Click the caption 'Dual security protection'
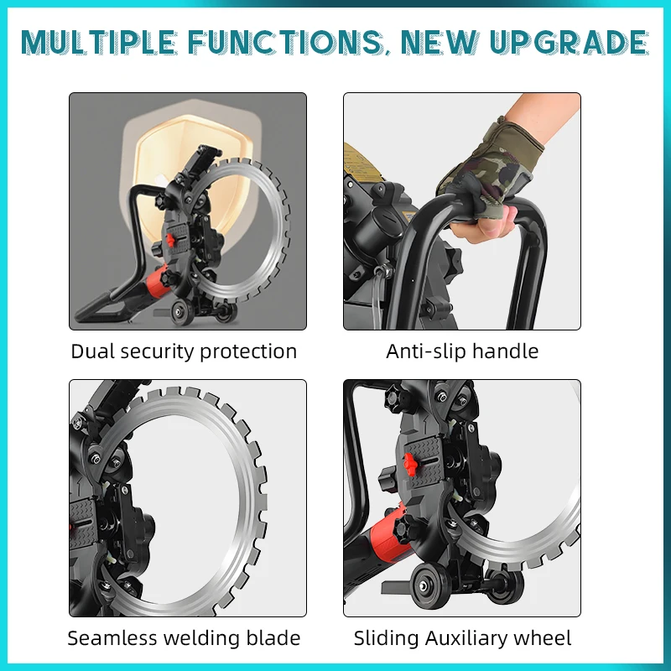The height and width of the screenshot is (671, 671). coord(184,351)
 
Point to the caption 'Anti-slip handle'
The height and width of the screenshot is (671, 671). coord(462,351)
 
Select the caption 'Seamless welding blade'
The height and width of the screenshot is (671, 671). coord(184,638)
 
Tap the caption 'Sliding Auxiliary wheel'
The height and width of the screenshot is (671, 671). coord(462,638)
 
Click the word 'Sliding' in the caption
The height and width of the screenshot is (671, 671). coord(383,638)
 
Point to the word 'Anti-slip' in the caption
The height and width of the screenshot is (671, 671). coord(424,351)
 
